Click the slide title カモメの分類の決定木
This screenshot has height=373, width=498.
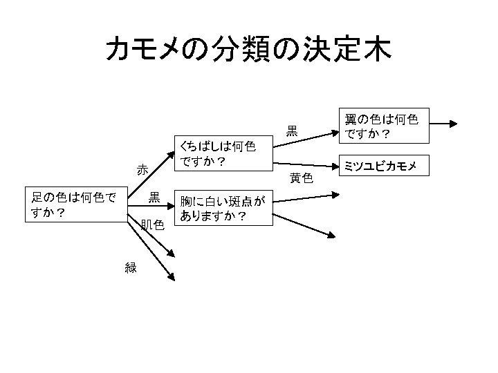(248, 49)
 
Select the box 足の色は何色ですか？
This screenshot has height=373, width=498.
(76, 205)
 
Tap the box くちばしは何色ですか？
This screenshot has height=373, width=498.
(221, 154)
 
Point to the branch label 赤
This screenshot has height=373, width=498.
(142, 169)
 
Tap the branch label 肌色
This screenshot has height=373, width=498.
(151, 224)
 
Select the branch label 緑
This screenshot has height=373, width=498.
(131, 268)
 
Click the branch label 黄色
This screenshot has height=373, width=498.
(302, 178)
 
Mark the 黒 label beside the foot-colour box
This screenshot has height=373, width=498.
(154, 197)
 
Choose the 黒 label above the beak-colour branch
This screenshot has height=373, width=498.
(293, 130)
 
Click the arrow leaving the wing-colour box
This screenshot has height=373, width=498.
(443, 124)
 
